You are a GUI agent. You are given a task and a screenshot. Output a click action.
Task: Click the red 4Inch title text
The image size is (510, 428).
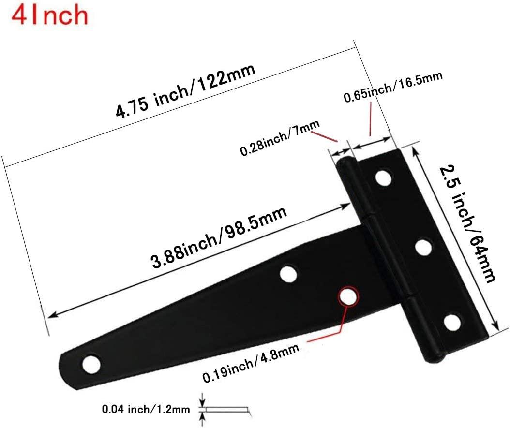click(50, 15)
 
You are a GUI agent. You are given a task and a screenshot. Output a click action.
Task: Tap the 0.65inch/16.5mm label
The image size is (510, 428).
click(392, 89)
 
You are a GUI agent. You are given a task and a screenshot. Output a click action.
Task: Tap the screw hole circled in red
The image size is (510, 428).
click(347, 296)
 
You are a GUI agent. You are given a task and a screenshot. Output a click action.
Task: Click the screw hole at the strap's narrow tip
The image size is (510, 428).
click(90, 364)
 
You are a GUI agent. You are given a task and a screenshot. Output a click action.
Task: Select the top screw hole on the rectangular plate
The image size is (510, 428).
click(384, 178)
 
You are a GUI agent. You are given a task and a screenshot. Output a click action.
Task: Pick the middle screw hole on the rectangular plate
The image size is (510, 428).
click(424, 248)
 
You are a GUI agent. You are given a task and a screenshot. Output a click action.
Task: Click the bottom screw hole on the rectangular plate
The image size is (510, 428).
click(452, 322)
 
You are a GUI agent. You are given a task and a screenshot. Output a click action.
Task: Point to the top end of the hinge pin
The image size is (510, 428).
click(344, 163)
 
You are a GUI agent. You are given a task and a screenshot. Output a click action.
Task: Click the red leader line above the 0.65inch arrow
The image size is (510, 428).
click(370, 121)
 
